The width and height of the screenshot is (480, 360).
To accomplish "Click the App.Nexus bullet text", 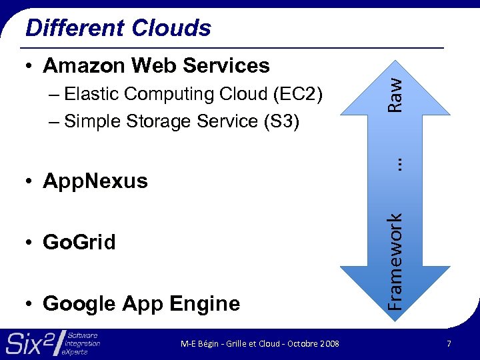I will (x=95, y=181).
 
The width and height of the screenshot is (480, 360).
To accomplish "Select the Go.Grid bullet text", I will (x=79, y=242).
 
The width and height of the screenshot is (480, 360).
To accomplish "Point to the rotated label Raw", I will (x=395, y=94).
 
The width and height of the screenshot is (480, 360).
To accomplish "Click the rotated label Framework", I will (x=395, y=260).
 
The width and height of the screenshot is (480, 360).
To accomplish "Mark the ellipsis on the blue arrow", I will (x=395, y=162).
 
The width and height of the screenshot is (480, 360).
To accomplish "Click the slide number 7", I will (x=450, y=344).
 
